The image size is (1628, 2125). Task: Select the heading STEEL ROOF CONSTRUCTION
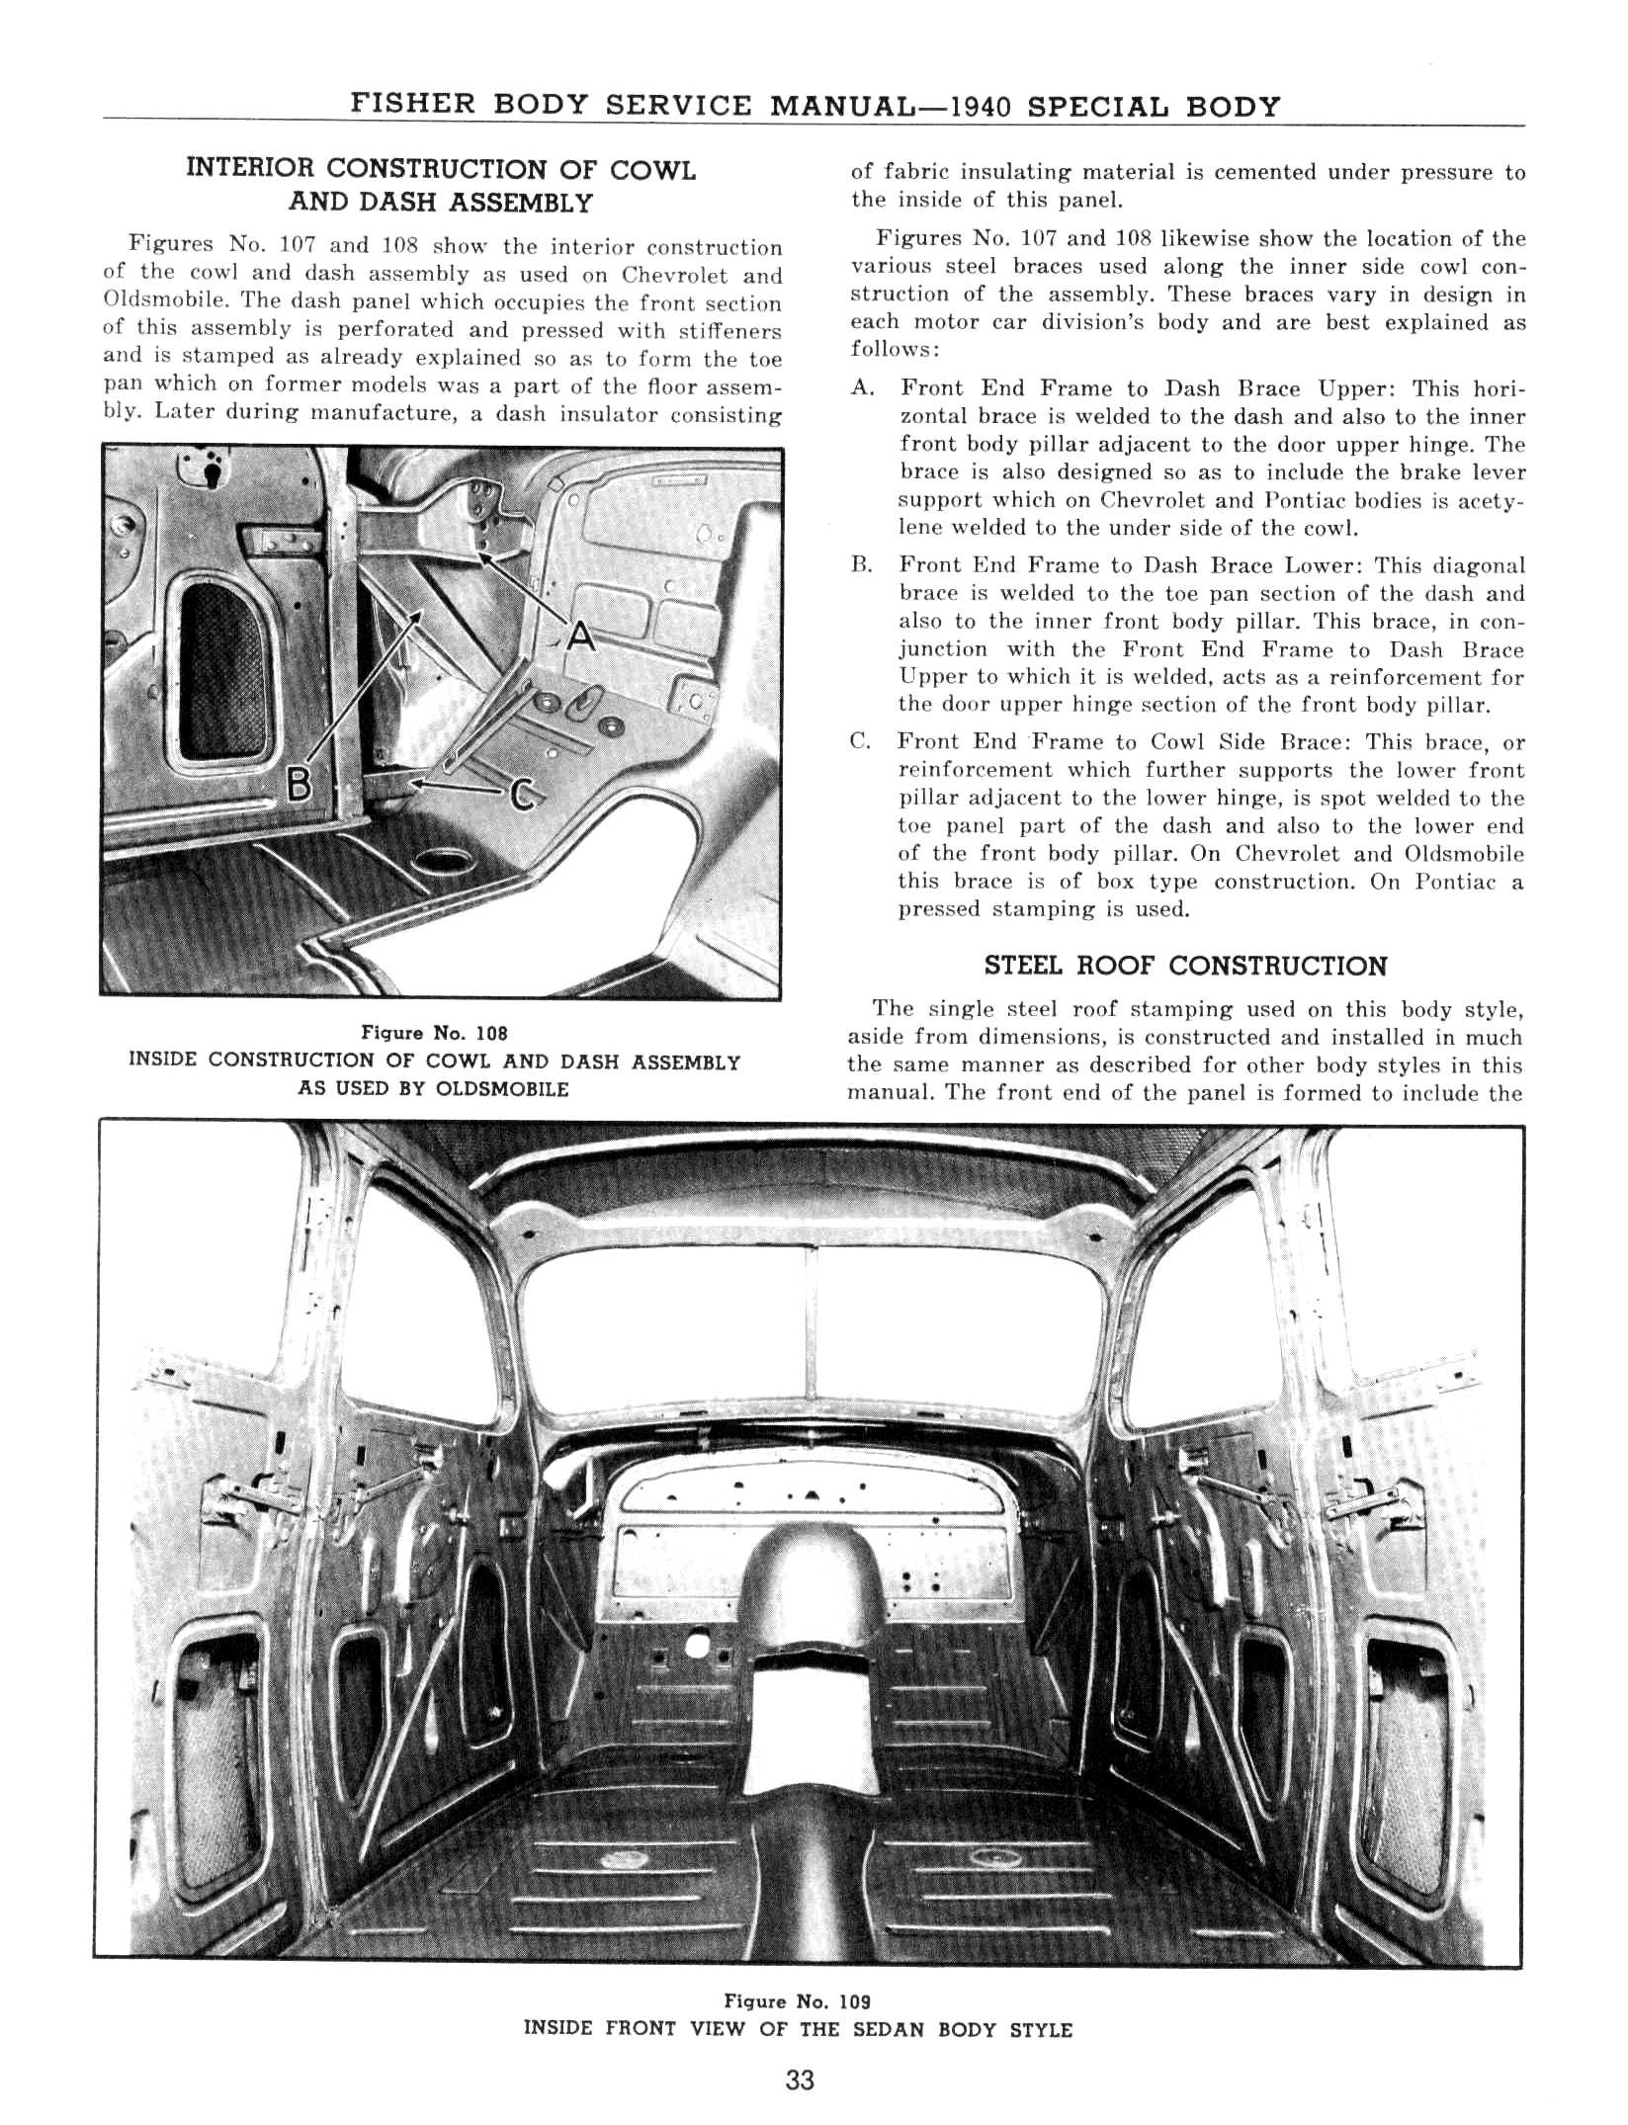tap(1185, 967)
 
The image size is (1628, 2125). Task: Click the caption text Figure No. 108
tap(435, 1033)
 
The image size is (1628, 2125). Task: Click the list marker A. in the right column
tap(862, 389)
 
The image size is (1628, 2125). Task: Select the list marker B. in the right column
tap(862, 565)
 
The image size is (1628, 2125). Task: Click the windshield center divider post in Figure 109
tap(814, 1315)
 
